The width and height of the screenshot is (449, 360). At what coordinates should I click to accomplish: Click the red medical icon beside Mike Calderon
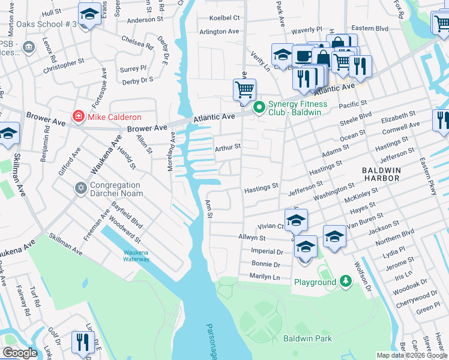tap(77, 116)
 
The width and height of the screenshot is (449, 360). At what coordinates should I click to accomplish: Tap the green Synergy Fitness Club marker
tap(259, 108)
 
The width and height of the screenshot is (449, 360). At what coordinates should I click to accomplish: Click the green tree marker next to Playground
tap(345, 281)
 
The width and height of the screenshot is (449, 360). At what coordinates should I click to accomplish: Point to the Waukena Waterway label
tap(136, 256)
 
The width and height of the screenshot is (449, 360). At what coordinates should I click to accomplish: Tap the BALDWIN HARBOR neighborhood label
tap(381, 174)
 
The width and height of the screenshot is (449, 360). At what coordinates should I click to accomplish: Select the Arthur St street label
tap(228, 146)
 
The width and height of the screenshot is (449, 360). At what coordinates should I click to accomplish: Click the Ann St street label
tap(209, 209)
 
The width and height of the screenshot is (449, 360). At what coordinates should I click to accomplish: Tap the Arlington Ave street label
tap(219, 31)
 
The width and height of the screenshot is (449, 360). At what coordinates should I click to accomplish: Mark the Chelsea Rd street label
tap(137, 45)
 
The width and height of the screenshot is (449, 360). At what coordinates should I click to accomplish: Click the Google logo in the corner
tap(19, 353)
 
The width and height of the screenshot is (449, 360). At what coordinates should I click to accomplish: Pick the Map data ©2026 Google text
tap(411, 355)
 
